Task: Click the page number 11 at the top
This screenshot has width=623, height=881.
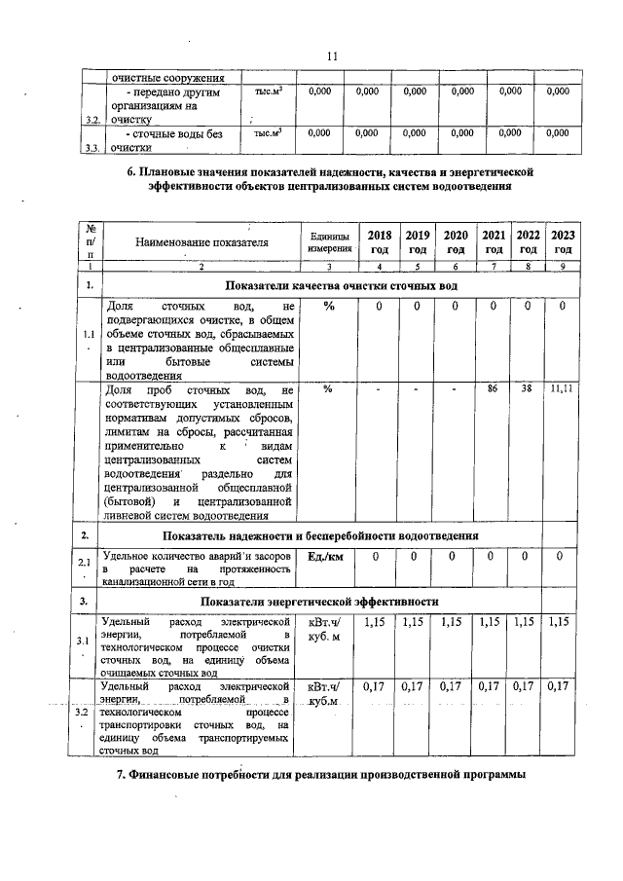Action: click(331, 55)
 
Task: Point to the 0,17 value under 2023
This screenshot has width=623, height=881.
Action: click(559, 686)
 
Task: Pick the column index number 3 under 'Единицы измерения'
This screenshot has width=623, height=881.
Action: click(328, 266)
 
